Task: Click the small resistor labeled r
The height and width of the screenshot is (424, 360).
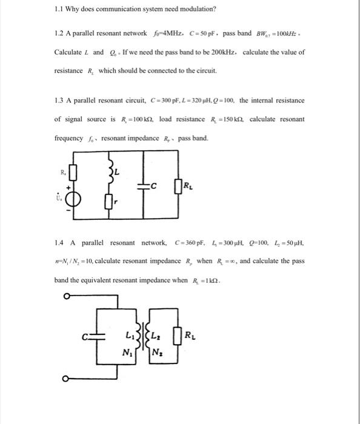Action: point(111,196)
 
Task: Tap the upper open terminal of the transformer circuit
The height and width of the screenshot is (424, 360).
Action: point(67,296)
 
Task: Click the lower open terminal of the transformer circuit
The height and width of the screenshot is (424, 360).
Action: point(67,379)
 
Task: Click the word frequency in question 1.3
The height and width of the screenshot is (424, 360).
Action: point(68,139)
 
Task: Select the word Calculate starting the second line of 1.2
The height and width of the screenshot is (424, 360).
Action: point(68,51)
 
